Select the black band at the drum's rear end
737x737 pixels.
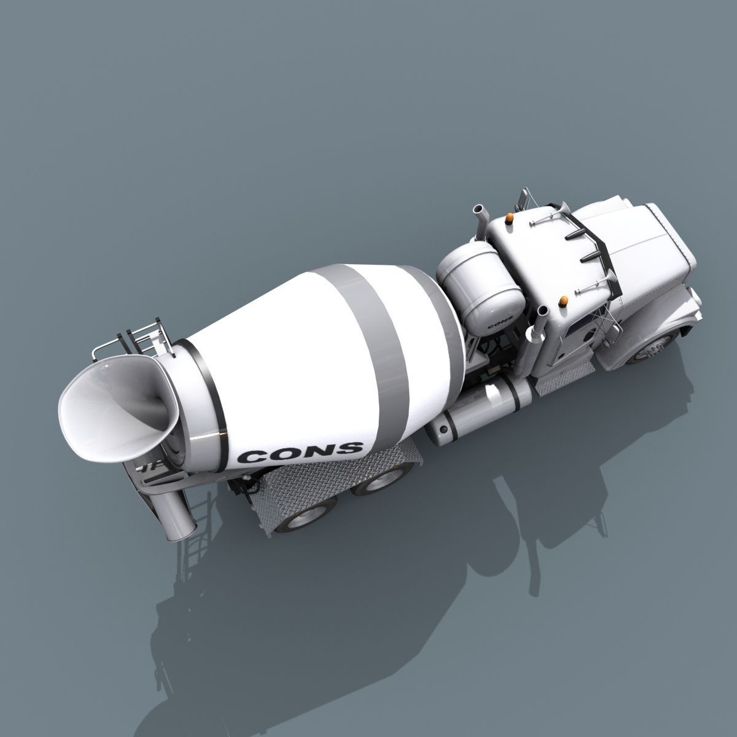(x=203, y=393)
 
